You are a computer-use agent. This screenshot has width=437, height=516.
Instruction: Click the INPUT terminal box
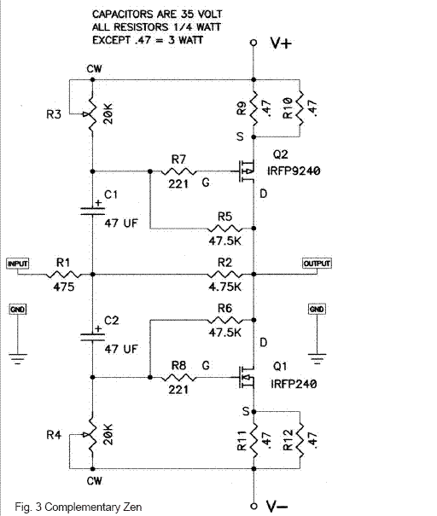pos(17,264)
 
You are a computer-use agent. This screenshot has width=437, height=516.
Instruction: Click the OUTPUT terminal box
pos(317,264)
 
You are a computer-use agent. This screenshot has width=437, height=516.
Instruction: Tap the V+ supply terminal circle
pos(253,43)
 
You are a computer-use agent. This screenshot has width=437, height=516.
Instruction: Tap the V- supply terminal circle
pos(253,506)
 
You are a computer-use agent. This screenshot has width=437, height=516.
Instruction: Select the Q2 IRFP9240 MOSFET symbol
pos(248,171)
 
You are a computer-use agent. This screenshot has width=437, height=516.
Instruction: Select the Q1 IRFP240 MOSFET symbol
pos(248,377)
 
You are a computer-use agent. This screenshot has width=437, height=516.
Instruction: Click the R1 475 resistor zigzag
pos(63,274)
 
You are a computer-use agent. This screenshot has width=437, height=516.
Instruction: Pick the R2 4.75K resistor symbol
pos(225,274)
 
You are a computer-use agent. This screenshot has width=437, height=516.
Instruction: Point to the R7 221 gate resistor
pos(179,171)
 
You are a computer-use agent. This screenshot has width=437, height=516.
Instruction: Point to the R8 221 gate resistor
pos(179,378)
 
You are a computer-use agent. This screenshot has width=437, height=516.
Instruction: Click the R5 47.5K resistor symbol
pos(225,228)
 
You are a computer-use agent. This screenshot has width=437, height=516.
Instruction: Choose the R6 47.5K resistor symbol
pos(225,320)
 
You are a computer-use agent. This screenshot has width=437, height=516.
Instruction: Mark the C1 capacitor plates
pos(92,211)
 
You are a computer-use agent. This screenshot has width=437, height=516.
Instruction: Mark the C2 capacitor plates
pos(92,337)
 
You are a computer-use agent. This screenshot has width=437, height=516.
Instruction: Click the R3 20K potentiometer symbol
pos(91,113)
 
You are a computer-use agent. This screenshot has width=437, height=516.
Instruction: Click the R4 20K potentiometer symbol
pos(91,435)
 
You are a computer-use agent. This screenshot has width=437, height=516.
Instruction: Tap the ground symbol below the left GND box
pos(17,358)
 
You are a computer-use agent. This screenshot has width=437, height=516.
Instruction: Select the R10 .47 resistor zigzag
pos(300,108)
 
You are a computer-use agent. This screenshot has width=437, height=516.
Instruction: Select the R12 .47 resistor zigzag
pos(300,440)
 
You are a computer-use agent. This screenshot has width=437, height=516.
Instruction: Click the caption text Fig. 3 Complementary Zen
pos(79,507)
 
